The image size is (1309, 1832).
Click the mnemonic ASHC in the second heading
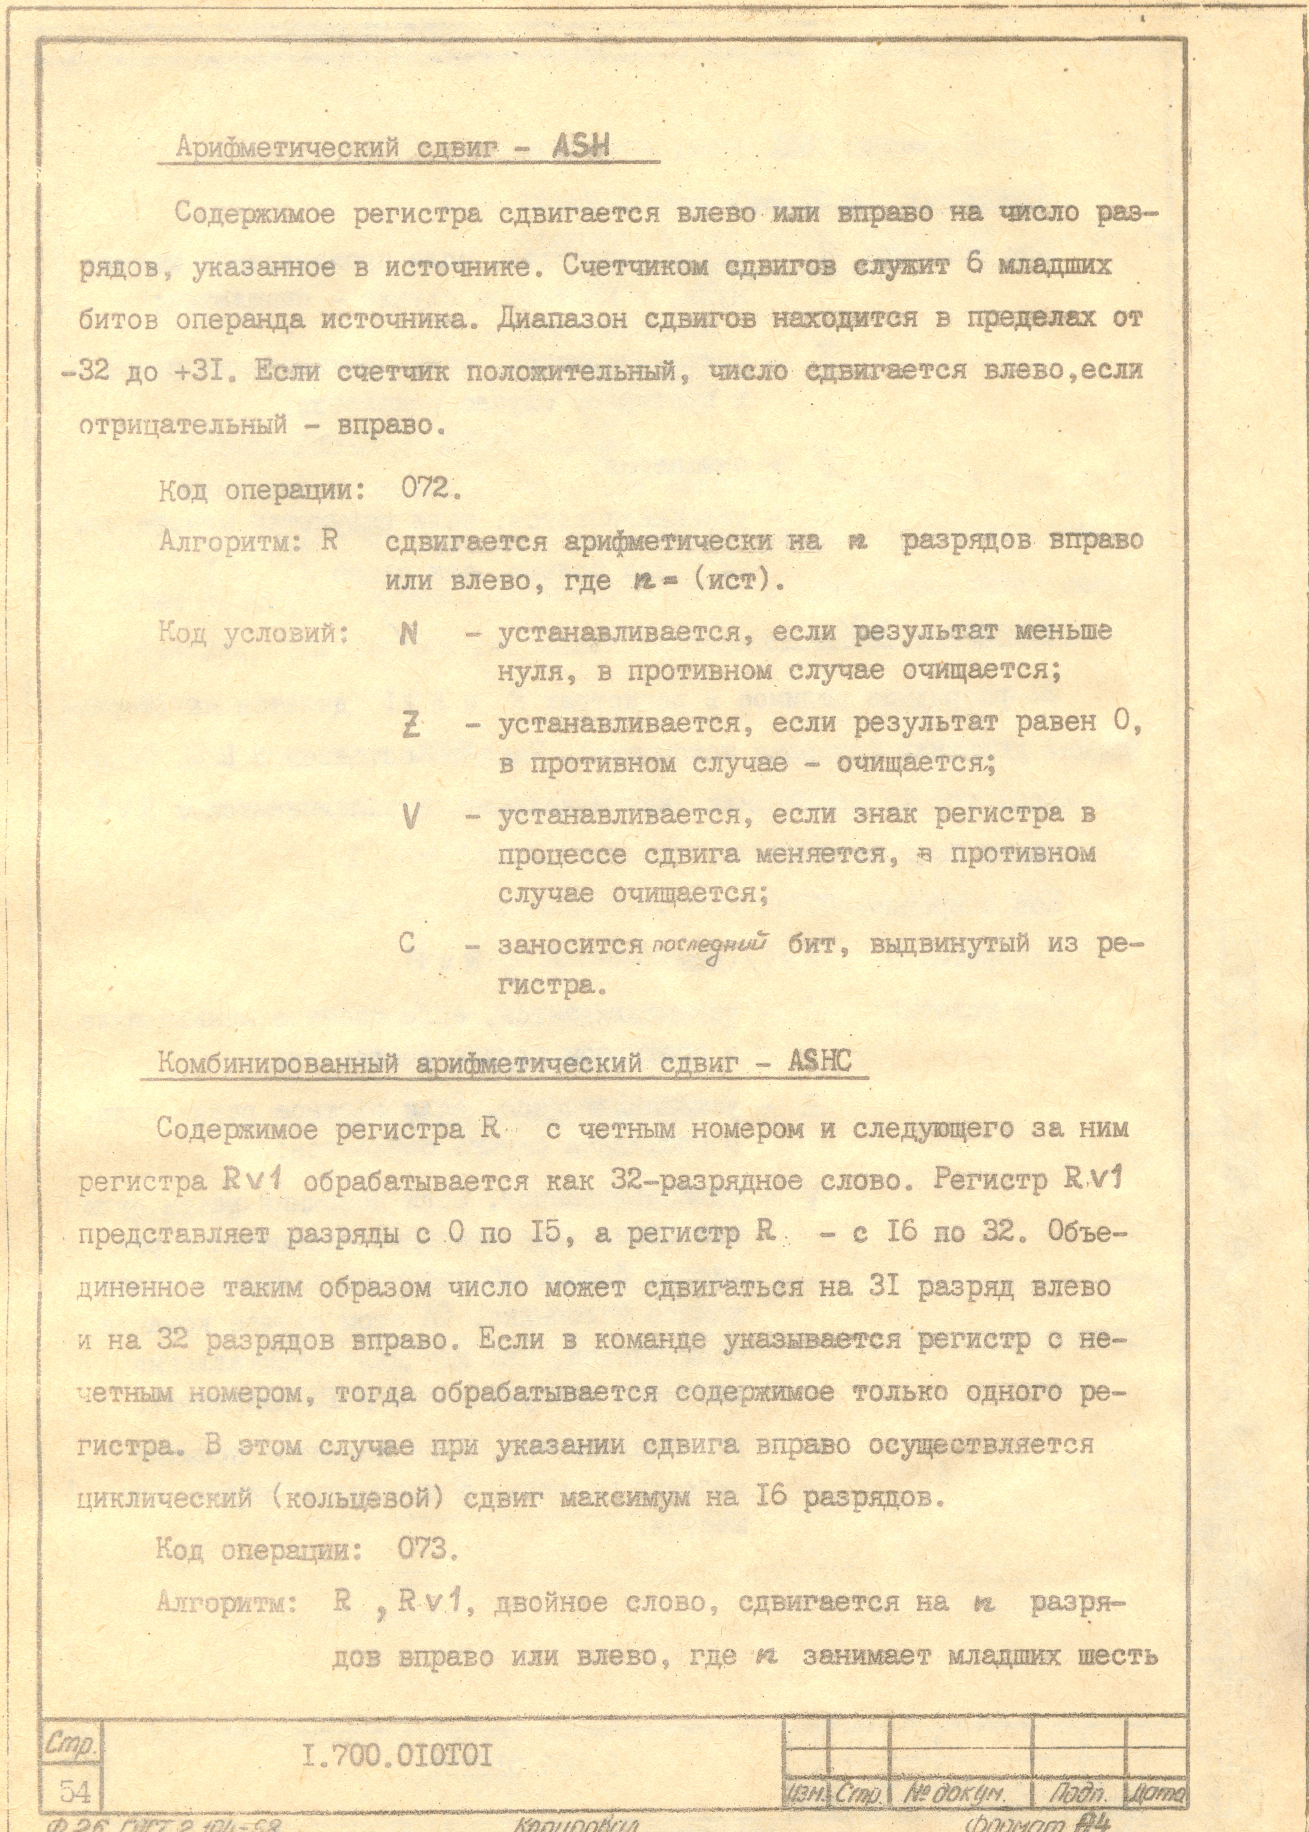coord(820,1061)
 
